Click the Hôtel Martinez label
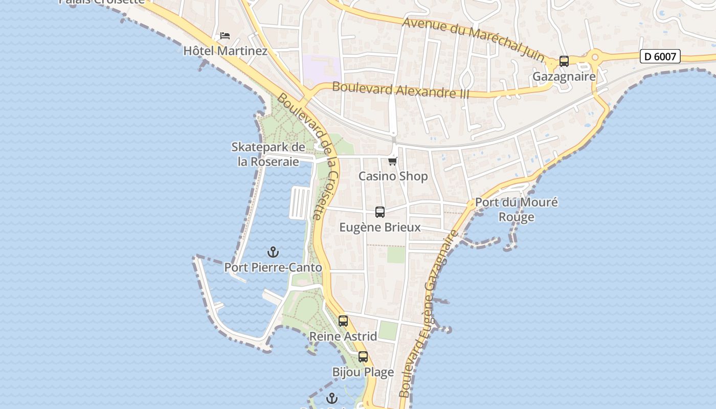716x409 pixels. click(225, 51)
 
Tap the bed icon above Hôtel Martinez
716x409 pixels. click(225, 36)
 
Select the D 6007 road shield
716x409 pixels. click(660, 56)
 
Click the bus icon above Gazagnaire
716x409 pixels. click(564, 61)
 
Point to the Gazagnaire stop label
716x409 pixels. click(564, 77)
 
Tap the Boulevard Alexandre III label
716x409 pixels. click(400, 89)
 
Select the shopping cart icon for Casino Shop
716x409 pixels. click(393, 161)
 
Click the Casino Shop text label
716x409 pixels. click(393, 176)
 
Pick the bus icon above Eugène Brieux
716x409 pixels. click(380, 212)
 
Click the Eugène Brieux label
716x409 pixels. click(380, 228)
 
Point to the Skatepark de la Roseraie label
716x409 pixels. click(268, 154)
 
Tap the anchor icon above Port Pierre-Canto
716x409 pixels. click(273, 252)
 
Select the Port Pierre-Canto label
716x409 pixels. click(273, 267)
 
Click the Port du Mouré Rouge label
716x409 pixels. click(517, 209)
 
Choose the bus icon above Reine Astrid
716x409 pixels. click(343, 321)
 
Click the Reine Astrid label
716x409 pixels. click(343, 336)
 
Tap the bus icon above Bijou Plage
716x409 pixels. click(363, 357)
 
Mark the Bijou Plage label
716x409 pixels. click(363, 372)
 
